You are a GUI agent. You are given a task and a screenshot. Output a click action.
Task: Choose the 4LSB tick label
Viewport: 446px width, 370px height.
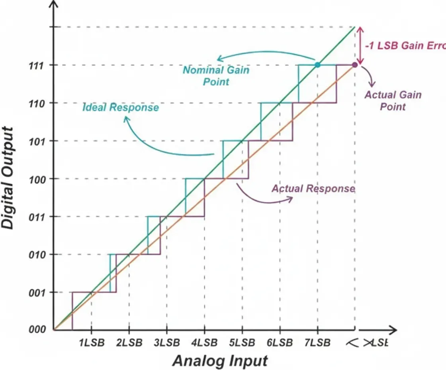point(204,343)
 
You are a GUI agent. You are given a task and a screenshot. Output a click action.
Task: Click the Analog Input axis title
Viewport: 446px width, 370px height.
point(220,361)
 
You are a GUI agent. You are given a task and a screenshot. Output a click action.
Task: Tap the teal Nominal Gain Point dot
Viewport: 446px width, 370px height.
point(317,65)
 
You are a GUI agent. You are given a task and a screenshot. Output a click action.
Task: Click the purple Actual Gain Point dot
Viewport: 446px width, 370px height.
point(355,65)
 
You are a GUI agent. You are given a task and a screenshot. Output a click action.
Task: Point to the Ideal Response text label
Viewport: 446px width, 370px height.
point(120,107)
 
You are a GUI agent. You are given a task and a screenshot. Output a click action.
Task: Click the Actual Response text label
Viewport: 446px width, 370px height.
point(313,189)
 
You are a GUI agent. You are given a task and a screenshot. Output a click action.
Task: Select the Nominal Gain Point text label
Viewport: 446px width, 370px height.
point(216,76)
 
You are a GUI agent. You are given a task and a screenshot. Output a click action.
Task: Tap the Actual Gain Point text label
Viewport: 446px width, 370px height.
point(393,100)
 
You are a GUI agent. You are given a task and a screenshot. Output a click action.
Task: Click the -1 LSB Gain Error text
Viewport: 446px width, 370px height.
point(405,45)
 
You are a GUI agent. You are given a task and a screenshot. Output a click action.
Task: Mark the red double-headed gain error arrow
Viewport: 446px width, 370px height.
point(360,45)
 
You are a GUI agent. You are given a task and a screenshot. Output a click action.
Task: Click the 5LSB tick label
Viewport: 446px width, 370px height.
point(242,343)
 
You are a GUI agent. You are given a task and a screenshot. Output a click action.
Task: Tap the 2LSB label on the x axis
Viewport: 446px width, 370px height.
point(129,343)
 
